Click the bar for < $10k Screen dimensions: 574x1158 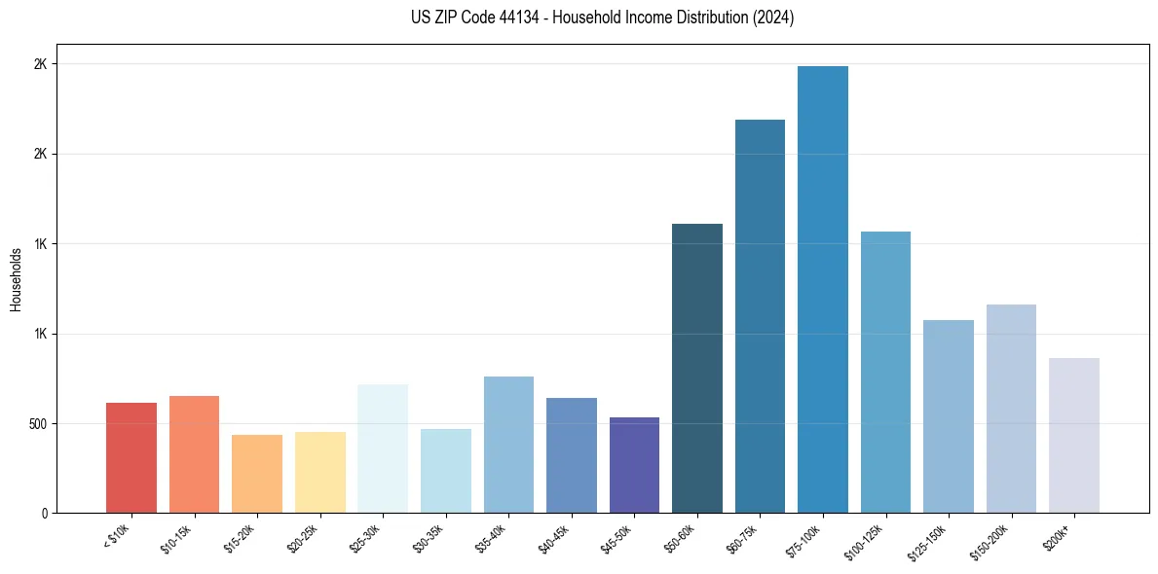(x=131, y=457)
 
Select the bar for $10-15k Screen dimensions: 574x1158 (x=194, y=454)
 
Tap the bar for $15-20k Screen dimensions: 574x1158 (x=257, y=474)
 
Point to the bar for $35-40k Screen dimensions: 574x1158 (x=508, y=445)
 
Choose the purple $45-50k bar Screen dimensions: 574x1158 (x=634, y=465)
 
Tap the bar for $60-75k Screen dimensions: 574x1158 (x=760, y=316)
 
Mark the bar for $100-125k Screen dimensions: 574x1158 (x=885, y=372)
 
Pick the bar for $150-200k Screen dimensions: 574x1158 (x=1011, y=409)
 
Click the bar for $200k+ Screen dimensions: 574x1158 (x=1074, y=435)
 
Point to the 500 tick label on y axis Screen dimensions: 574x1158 (x=35, y=424)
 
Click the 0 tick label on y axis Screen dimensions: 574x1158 (x=44, y=514)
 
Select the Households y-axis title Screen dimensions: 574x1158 (x=17, y=279)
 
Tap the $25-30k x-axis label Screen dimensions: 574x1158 (x=365, y=537)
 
